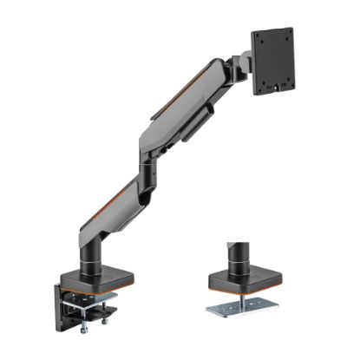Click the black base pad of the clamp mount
point(93,285)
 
